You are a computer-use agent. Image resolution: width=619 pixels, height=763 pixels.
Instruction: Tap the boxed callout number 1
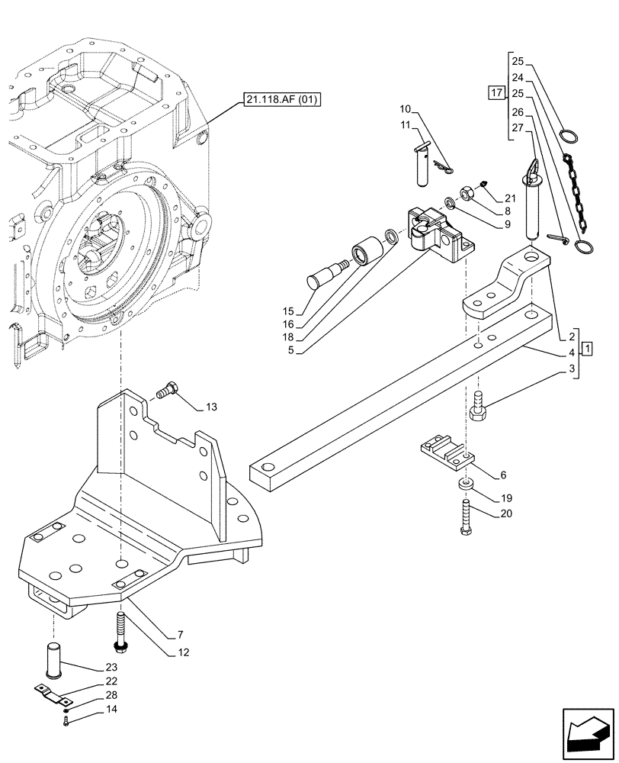point(586,349)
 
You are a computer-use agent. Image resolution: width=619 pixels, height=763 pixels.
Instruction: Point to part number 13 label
point(211,407)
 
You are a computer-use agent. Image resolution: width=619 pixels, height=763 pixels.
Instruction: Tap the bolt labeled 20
point(464,521)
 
